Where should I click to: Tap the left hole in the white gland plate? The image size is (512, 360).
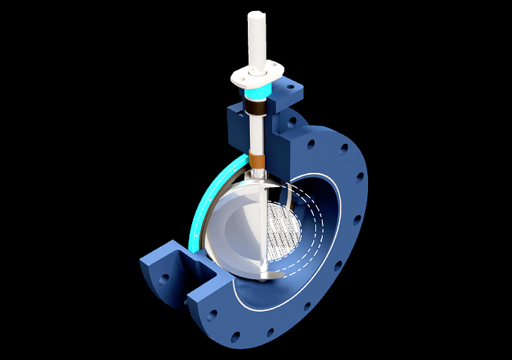click(x=242, y=74)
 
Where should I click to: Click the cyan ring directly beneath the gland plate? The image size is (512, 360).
click(x=257, y=90)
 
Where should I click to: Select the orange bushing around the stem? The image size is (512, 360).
click(x=257, y=159)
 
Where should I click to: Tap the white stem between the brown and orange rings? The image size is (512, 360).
click(x=257, y=134)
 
